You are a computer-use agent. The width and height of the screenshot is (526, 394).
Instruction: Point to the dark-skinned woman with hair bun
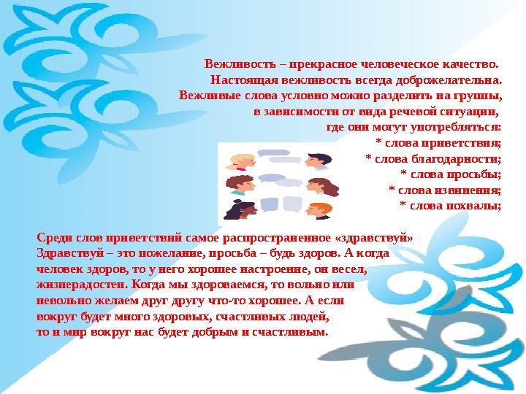(238, 209)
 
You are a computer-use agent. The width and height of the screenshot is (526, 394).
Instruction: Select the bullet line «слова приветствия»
(438, 142)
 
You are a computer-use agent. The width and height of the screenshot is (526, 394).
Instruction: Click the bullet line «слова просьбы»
(451, 174)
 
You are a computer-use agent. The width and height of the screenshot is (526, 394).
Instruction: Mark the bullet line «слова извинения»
(445, 190)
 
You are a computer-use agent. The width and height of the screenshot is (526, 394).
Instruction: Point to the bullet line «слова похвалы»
(450, 205)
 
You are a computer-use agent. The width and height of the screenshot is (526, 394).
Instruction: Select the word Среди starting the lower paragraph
(53, 238)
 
